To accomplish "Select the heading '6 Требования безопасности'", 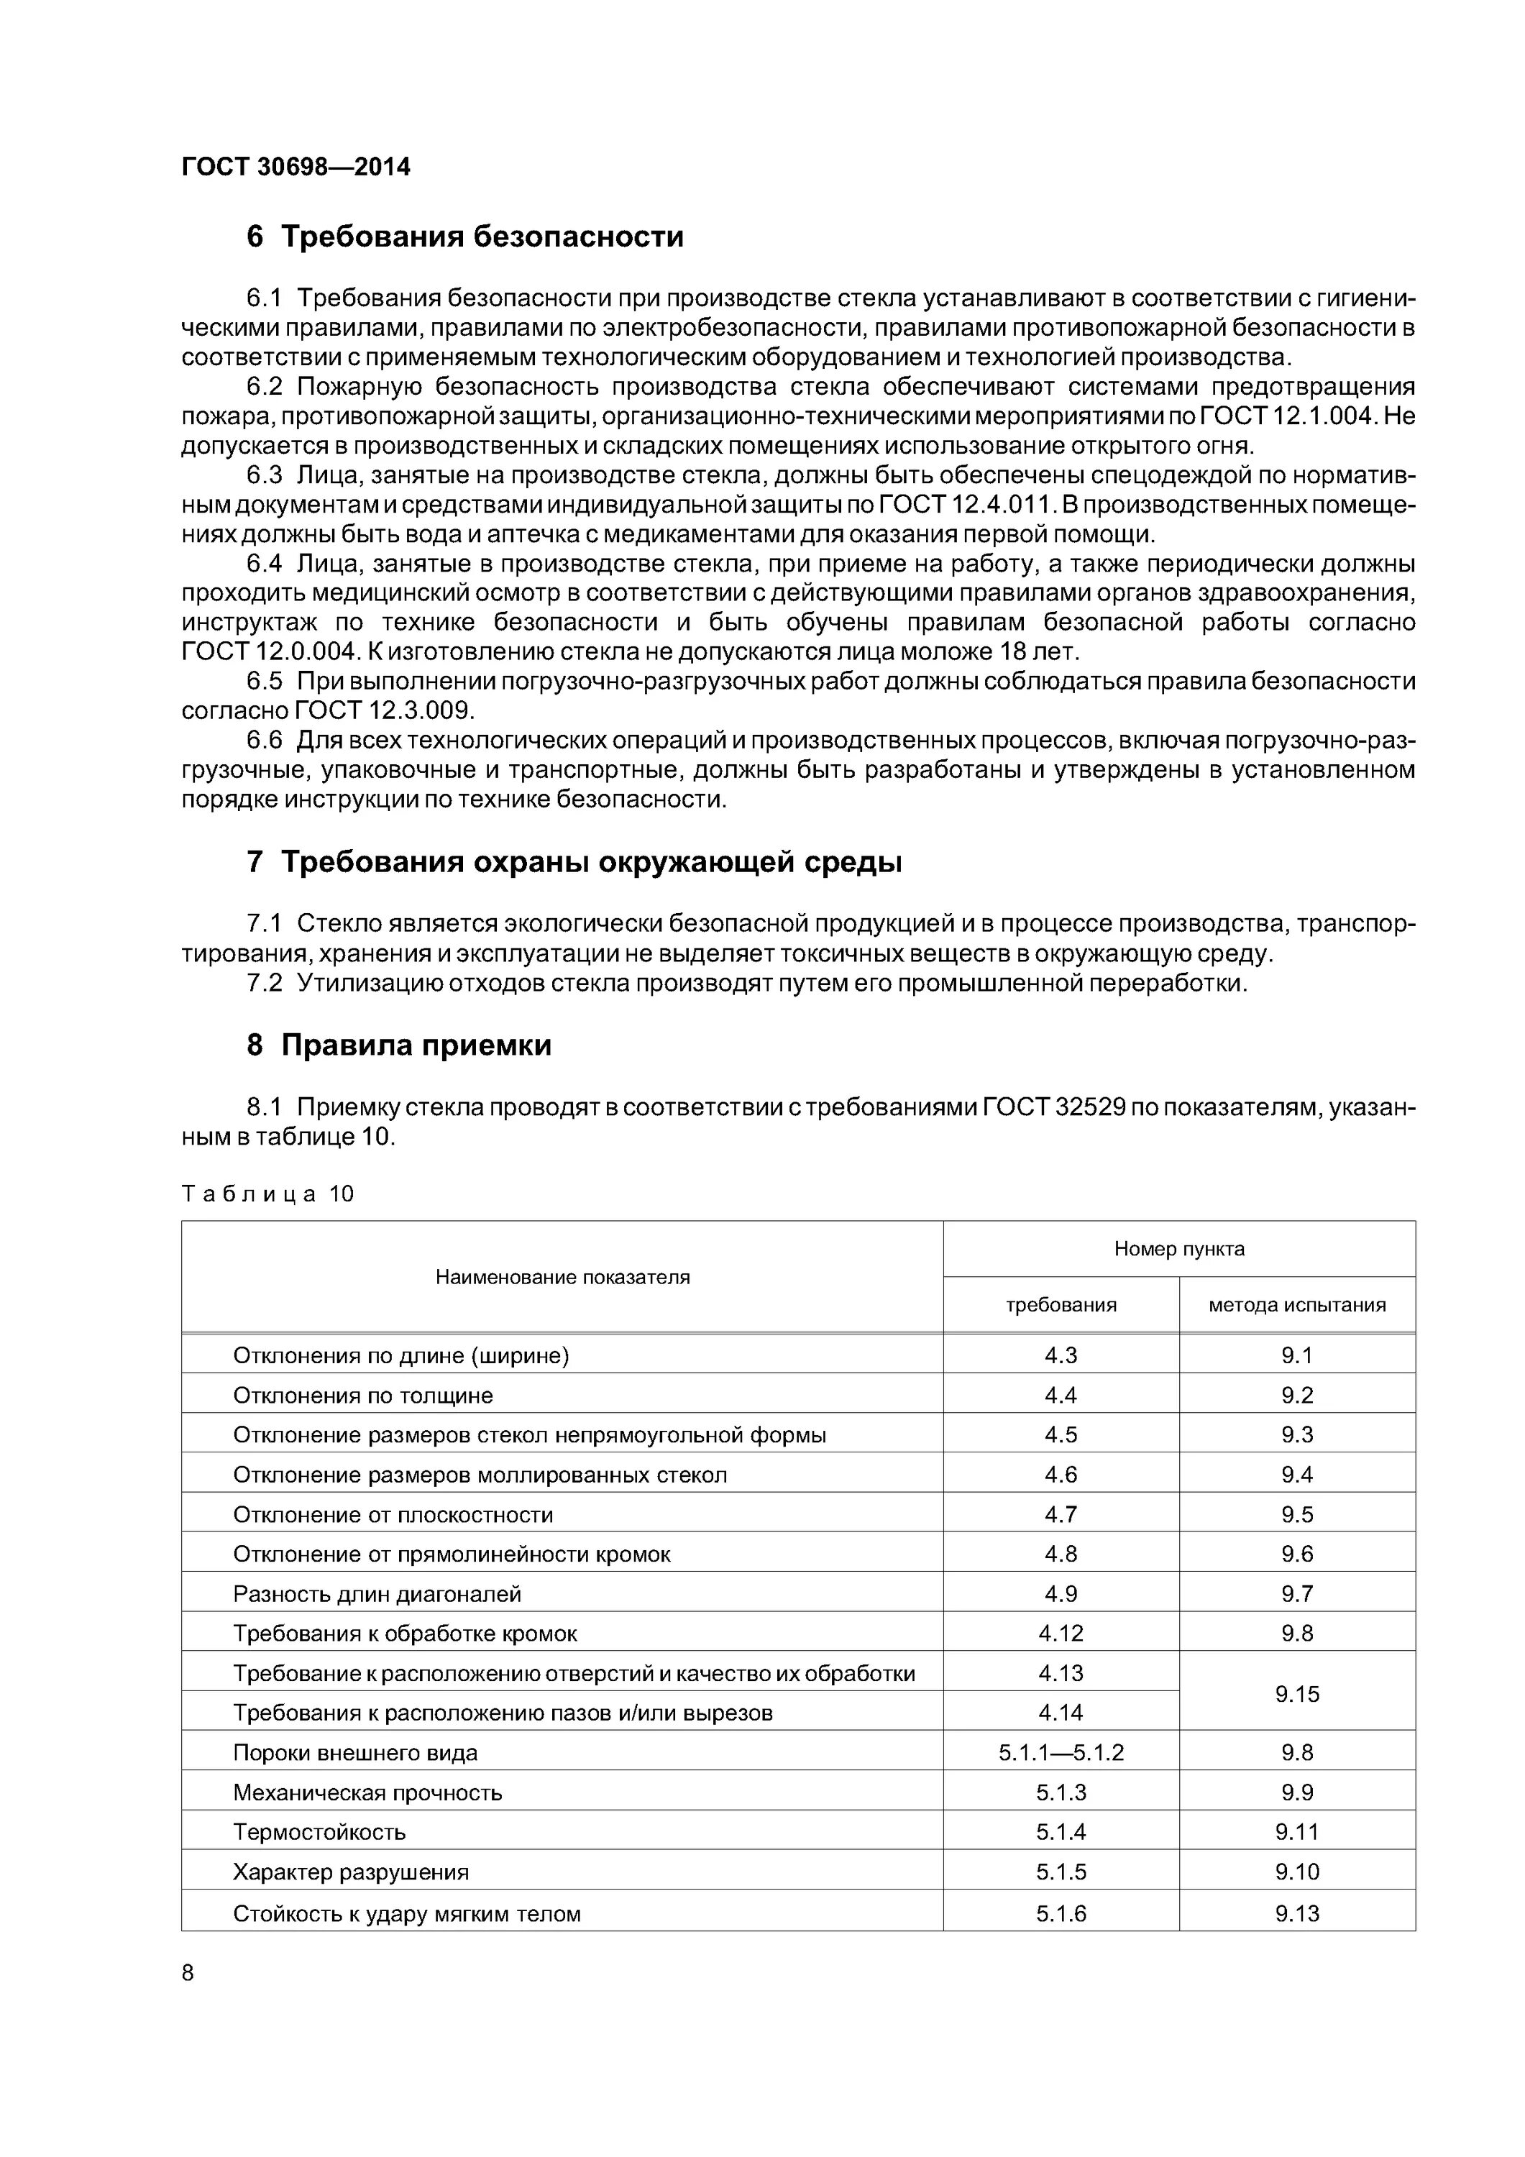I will (464, 236).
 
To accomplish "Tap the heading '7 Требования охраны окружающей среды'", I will (573, 861).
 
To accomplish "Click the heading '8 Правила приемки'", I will (398, 1045).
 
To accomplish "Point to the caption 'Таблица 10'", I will (267, 1194).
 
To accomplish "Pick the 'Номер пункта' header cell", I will (1178, 1248).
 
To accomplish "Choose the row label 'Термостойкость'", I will (319, 1832).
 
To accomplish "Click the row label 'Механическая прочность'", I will (367, 1792).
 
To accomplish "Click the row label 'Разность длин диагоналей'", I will (377, 1594).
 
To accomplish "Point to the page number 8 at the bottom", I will (188, 1973).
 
